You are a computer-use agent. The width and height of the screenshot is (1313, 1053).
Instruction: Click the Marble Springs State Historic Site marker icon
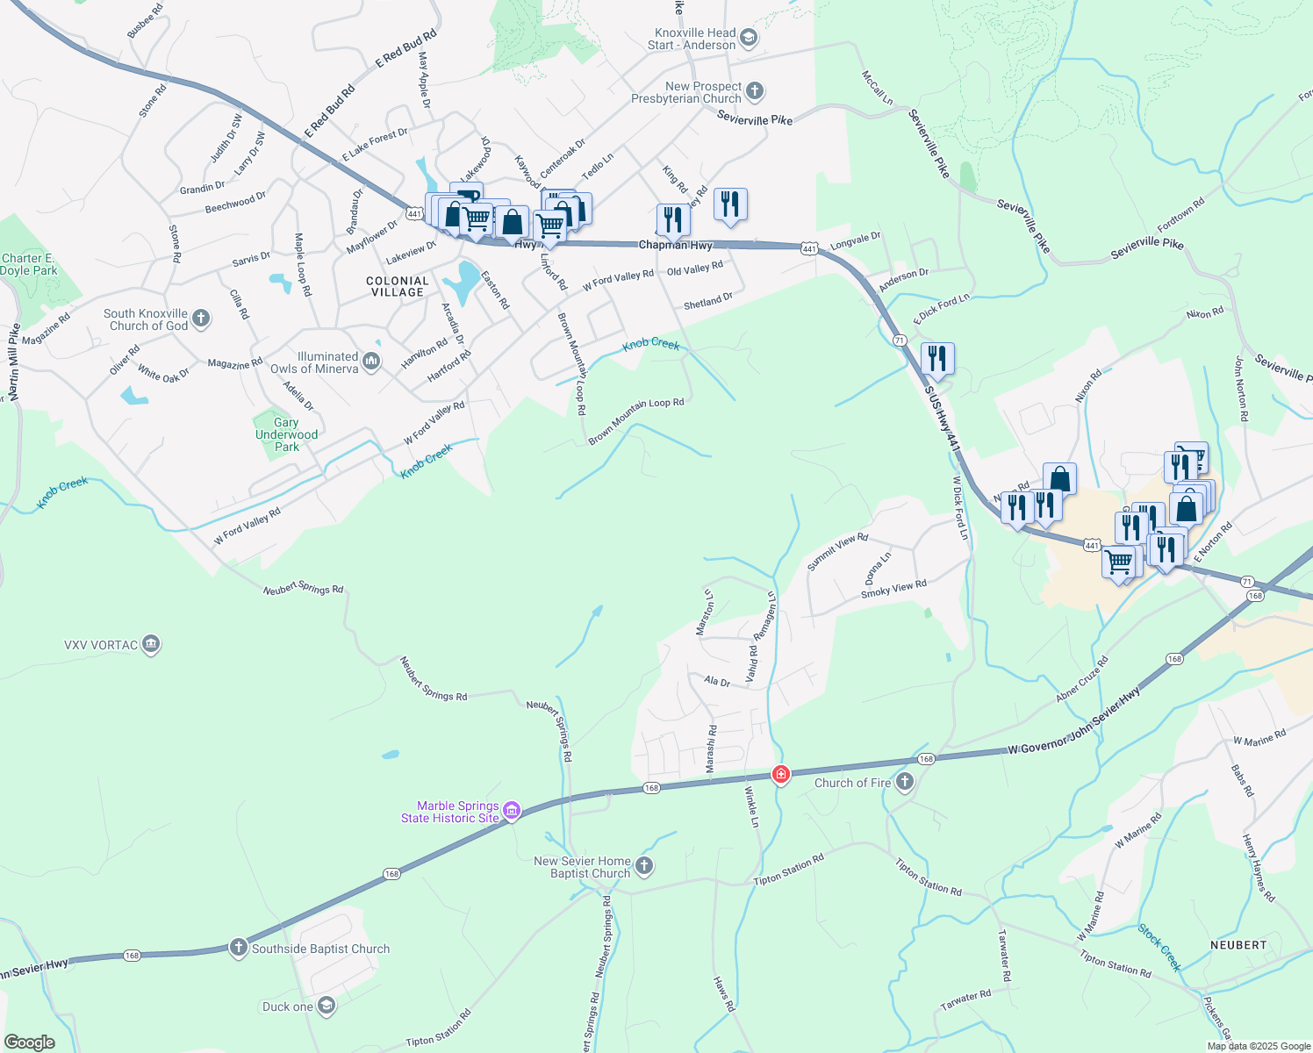click(x=512, y=811)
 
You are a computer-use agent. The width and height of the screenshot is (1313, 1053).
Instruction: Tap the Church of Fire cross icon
click(x=905, y=782)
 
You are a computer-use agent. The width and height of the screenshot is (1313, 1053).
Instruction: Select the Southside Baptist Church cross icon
click(x=238, y=948)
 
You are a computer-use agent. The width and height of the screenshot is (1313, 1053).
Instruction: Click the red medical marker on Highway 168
click(x=780, y=774)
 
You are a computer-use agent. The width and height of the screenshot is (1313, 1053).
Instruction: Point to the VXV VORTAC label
click(x=101, y=645)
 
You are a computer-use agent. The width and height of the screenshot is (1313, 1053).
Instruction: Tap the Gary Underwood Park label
click(x=286, y=434)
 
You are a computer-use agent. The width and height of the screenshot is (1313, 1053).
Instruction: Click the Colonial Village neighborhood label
click(x=398, y=287)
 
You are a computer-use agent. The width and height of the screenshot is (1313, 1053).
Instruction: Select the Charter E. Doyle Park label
click(x=28, y=264)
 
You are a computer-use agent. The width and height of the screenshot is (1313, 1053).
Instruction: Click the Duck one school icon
click(x=326, y=1006)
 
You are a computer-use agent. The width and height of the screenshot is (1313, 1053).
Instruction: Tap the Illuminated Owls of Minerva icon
click(x=371, y=361)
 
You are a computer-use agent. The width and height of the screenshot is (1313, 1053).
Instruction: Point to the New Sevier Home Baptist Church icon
click(x=644, y=867)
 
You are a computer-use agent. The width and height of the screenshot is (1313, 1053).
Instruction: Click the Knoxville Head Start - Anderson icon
click(x=748, y=38)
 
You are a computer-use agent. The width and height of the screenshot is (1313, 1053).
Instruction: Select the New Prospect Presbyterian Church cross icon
click(x=755, y=91)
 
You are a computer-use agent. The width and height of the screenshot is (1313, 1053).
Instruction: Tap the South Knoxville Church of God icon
click(x=201, y=318)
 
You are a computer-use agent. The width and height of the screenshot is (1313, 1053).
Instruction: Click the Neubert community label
click(x=1238, y=945)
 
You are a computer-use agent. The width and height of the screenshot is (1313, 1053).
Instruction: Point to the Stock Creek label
click(x=1159, y=947)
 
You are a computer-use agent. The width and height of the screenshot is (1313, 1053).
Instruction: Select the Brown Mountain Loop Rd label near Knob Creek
click(x=636, y=420)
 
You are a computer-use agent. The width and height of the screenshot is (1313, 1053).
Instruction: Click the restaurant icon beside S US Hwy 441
click(x=937, y=359)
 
